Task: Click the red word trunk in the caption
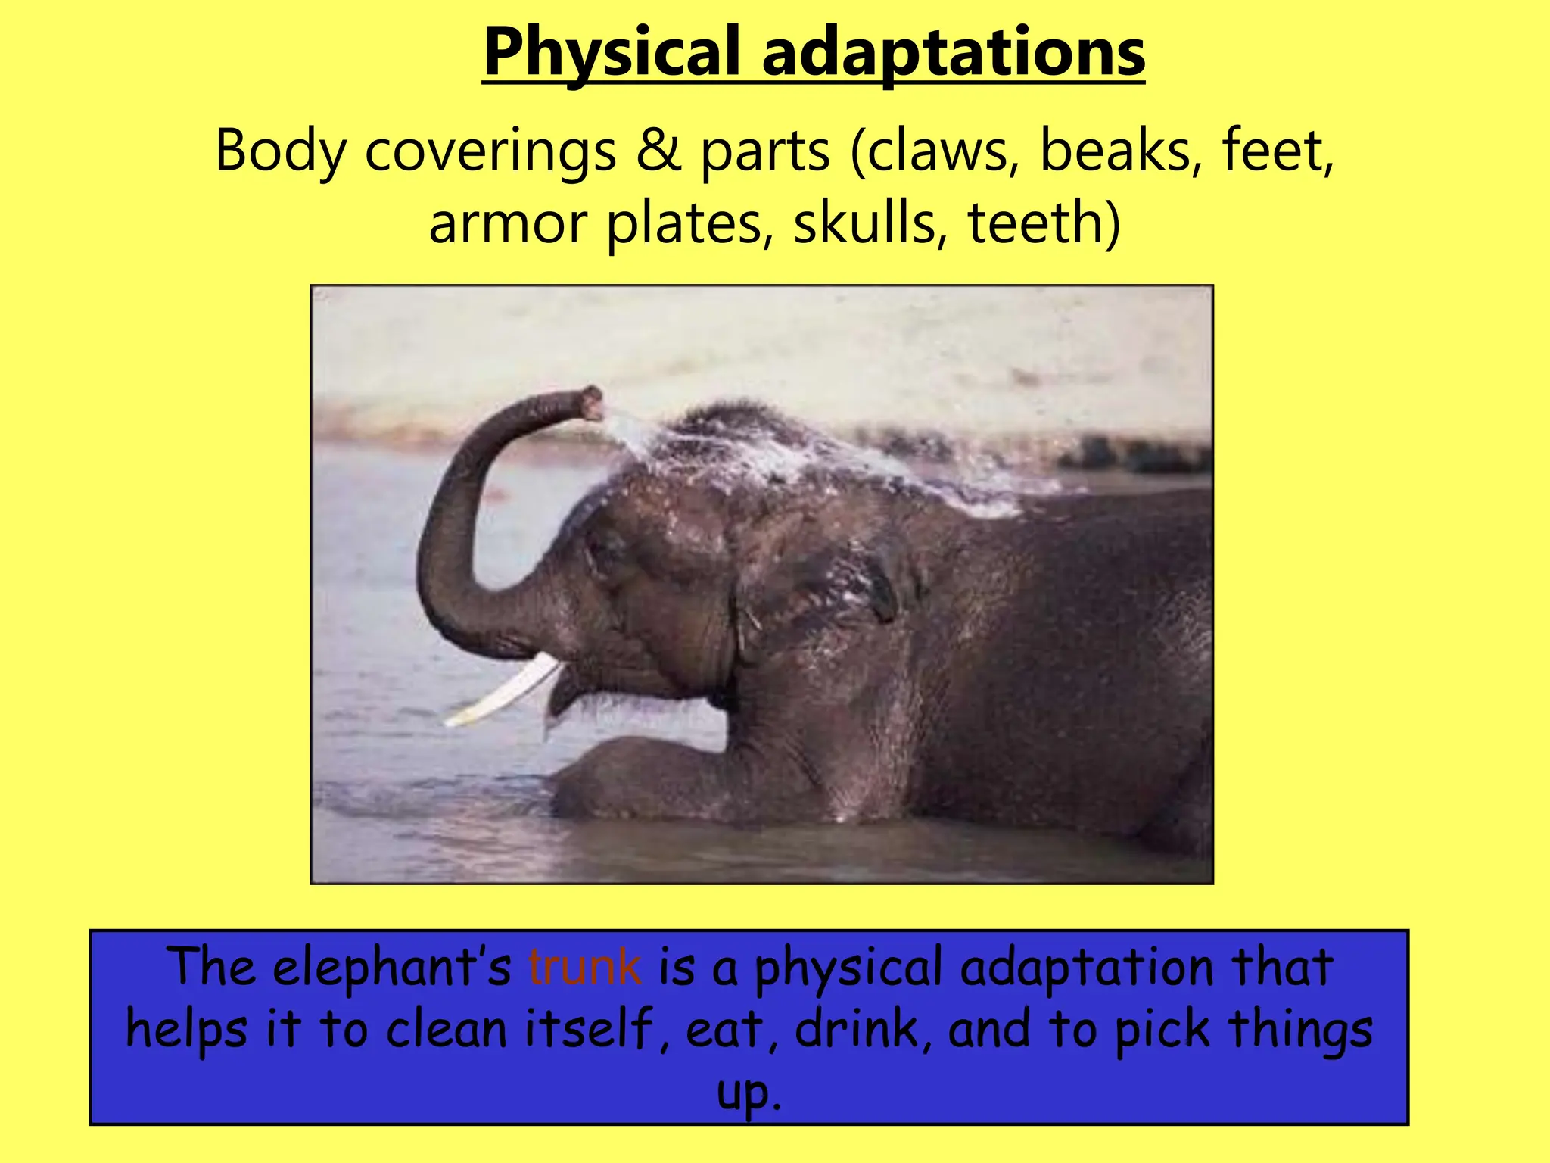(584, 968)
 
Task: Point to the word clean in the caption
(447, 1030)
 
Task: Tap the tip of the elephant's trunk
(592, 401)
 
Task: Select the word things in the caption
(1300, 1030)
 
